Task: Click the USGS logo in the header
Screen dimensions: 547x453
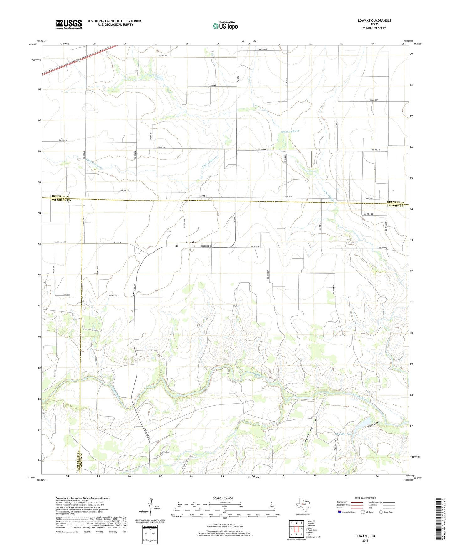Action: pyautogui.click(x=69, y=24)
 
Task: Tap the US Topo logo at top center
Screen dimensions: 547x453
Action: pyautogui.click(x=225, y=26)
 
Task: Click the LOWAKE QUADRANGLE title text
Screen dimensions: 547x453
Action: pyautogui.click(x=374, y=21)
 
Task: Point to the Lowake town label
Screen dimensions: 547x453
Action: pyautogui.click(x=191, y=242)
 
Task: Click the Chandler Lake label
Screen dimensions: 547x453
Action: pyautogui.click(x=344, y=434)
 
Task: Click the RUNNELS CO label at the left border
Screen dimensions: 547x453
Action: pyautogui.click(x=61, y=196)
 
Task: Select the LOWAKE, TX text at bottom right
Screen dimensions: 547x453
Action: pyautogui.click(x=365, y=536)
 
